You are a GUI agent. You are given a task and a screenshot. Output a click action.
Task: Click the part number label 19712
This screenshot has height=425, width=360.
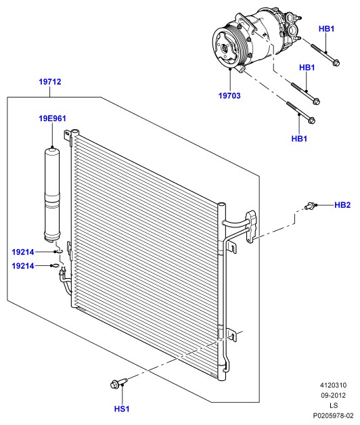click(50, 82)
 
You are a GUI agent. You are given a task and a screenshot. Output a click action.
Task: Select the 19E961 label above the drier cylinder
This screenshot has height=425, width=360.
click(52, 118)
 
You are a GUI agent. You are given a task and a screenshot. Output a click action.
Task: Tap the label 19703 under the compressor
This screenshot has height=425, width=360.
click(229, 95)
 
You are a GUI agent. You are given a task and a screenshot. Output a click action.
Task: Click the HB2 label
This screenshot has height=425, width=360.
click(342, 205)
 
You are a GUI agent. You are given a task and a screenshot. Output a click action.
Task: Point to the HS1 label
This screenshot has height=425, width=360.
click(122, 409)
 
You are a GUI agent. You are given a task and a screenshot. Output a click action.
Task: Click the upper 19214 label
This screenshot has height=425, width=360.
click(23, 252)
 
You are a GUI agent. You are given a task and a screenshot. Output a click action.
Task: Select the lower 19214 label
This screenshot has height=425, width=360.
click(23, 266)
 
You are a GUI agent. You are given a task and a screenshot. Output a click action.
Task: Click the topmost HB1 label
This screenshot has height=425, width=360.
click(326, 28)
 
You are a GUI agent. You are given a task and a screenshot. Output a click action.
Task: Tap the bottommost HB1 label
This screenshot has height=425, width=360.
click(299, 139)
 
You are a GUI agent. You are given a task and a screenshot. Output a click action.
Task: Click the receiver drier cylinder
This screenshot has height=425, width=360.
click(52, 194)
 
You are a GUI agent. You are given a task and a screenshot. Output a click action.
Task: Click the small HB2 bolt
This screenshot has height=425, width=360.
click(311, 206)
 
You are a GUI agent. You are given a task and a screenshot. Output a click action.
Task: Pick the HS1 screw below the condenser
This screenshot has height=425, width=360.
click(118, 383)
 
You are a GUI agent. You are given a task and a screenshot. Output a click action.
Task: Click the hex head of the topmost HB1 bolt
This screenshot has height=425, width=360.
click(336, 62)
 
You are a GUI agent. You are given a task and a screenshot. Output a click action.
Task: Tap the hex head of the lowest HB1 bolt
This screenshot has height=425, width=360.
click(311, 120)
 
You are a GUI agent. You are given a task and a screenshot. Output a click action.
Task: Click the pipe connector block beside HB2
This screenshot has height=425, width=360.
click(251, 227)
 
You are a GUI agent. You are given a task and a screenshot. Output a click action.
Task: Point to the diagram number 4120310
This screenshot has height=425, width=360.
click(333, 385)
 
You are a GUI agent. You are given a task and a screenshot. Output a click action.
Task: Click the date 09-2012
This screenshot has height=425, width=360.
click(333, 395)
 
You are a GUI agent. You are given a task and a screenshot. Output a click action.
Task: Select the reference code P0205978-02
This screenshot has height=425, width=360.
click(333, 416)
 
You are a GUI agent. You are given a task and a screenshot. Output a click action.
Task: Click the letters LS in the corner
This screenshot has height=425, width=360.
click(334, 405)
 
